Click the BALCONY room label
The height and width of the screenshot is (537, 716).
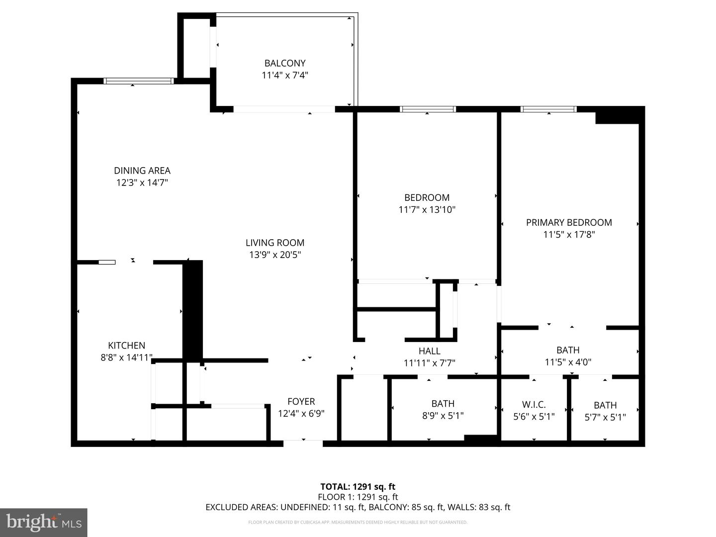tap(284, 63)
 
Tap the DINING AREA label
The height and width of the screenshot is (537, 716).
tap(142, 171)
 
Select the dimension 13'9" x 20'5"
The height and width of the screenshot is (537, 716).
tap(275, 255)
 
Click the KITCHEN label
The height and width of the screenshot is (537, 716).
tap(127, 345)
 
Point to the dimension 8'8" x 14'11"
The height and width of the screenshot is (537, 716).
tap(126, 357)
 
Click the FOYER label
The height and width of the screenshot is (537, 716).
tap(301, 401)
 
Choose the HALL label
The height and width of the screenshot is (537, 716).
tap(429, 351)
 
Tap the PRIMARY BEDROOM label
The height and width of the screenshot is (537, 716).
tap(569, 222)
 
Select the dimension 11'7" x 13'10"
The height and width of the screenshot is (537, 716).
tap(427, 210)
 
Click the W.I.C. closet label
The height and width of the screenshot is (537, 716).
tap(534, 405)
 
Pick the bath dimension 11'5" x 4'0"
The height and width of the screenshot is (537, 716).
tap(568, 362)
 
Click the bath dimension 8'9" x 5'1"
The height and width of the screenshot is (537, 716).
tap(443, 416)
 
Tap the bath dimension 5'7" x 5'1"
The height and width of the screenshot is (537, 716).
tap(605, 417)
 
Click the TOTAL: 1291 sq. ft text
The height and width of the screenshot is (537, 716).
tap(358, 487)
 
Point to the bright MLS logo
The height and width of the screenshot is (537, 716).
tap(44, 522)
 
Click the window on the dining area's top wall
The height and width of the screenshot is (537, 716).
tap(139, 81)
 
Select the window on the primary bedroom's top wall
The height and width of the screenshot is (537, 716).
tap(548, 109)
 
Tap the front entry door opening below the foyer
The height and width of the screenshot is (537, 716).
tap(303, 443)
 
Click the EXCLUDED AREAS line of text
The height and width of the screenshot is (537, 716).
tap(358, 507)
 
